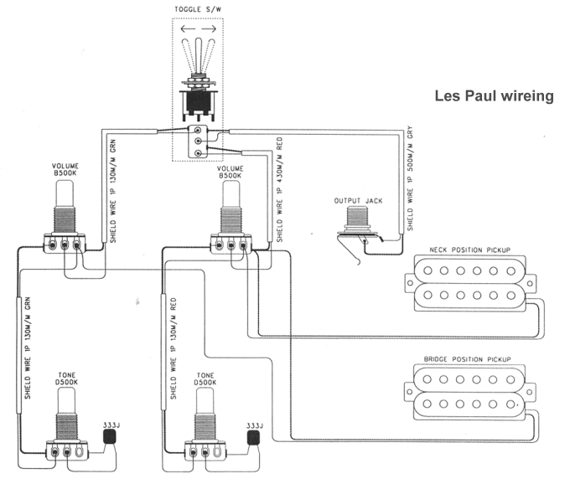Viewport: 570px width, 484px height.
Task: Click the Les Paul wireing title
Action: (x=494, y=96)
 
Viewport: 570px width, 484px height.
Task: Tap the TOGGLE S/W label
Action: (x=198, y=10)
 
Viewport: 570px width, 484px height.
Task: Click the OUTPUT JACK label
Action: (x=357, y=200)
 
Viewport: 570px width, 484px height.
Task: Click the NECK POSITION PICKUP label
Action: (x=470, y=250)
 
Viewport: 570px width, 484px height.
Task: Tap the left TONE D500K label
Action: (x=65, y=378)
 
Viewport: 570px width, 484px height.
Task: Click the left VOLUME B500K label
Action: (x=65, y=172)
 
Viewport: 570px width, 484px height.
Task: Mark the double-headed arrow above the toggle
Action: (x=198, y=28)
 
